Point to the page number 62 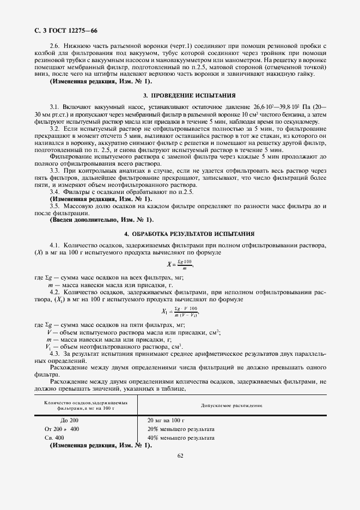180,456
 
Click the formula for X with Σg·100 181,264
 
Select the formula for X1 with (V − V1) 180,312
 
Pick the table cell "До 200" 69,420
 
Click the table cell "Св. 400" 54,438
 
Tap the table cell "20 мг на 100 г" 166,420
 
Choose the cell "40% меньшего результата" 181,438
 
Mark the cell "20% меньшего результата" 181,429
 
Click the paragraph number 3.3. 54,171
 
